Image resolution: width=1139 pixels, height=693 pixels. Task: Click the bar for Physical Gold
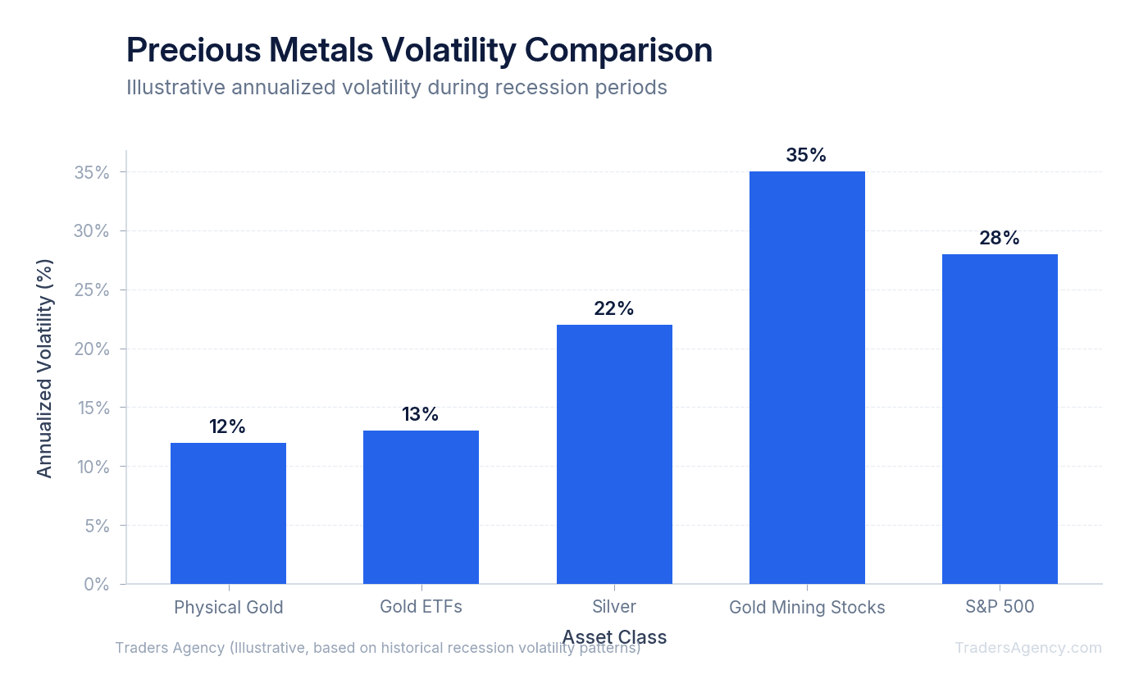pos(228,513)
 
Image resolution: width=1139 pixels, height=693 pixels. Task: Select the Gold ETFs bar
pos(421,507)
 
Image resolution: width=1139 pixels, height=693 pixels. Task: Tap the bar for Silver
pos(614,454)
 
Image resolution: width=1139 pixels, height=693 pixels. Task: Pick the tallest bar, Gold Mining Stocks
pos(807,377)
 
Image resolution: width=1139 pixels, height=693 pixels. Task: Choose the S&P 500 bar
pos(1000,419)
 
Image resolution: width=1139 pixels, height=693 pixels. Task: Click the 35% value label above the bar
pos(806,155)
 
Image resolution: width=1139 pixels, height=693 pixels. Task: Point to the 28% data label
pos(1000,238)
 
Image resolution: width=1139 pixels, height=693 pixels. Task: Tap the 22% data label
pos(614,308)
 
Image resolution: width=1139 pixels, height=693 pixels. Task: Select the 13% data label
pos(421,414)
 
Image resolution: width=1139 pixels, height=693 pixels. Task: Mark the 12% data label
pos(228,426)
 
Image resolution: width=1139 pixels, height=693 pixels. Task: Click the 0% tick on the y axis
pos(97,584)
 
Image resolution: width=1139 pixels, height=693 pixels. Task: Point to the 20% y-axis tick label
pos(92,349)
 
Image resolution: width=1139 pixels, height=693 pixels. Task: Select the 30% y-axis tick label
pos(92,231)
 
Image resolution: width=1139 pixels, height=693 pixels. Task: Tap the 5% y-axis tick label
pos(97,526)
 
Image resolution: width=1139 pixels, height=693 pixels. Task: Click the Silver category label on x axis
pos(614,607)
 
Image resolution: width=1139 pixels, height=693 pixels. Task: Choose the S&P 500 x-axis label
pos(1000,607)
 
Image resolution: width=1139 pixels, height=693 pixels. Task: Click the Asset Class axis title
pos(614,636)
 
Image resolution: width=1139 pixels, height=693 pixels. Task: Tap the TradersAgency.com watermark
pos(1028,648)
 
